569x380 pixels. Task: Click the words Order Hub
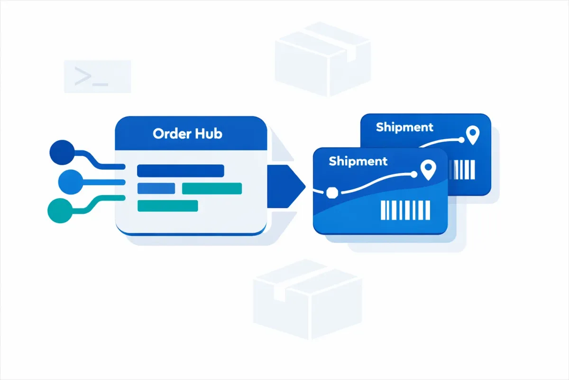coord(187,133)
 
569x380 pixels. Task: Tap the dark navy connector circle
coord(62,152)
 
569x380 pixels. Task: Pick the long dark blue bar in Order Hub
coord(180,171)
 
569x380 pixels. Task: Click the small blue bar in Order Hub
coord(156,189)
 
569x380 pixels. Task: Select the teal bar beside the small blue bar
coord(211,189)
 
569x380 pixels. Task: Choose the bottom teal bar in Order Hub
coord(167,206)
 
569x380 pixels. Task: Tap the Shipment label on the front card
coord(358,161)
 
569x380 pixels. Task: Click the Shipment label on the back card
coord(404,127)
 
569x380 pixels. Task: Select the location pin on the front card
coord(428,171)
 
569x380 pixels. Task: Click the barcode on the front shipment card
coord(405,210)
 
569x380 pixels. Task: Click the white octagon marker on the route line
coord(331,191)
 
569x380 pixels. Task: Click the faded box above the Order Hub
coord(322,59)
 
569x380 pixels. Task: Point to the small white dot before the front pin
coord(414,174)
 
